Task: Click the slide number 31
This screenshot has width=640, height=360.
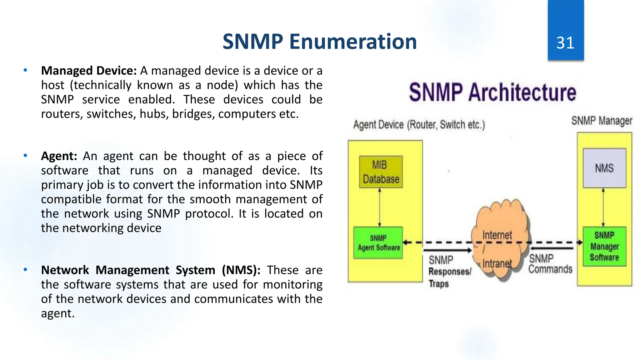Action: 565,43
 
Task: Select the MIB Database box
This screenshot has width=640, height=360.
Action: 381,172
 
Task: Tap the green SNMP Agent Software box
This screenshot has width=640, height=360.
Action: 378,243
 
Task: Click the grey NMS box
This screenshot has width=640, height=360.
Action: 604,168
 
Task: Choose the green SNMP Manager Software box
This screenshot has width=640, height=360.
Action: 604,246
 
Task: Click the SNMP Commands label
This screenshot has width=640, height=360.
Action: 550,264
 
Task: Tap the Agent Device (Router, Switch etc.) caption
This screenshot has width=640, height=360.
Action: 419,125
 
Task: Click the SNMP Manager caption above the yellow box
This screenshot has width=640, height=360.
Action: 602,121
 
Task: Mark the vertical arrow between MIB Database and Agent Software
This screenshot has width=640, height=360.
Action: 380,207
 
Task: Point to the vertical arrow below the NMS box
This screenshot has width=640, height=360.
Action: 603,207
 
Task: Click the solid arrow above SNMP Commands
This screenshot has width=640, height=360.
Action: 552,248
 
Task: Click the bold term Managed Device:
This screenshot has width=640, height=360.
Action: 89,71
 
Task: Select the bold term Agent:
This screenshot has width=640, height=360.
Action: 59,156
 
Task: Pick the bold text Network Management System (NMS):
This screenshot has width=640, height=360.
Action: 151,270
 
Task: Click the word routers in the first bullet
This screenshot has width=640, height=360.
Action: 62,114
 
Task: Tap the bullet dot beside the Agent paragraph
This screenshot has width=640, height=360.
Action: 25,155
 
